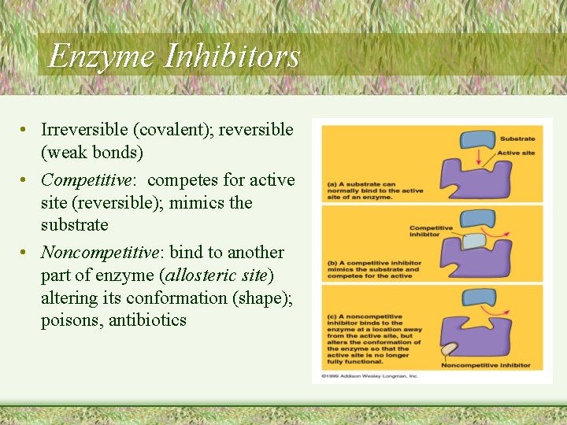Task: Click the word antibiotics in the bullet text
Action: coord(147,320)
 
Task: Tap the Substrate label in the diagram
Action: coord(517,139)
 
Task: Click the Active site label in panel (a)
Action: coord(516,153)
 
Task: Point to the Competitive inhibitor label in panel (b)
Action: coord(431,231)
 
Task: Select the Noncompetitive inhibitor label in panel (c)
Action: coord(486,365)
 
